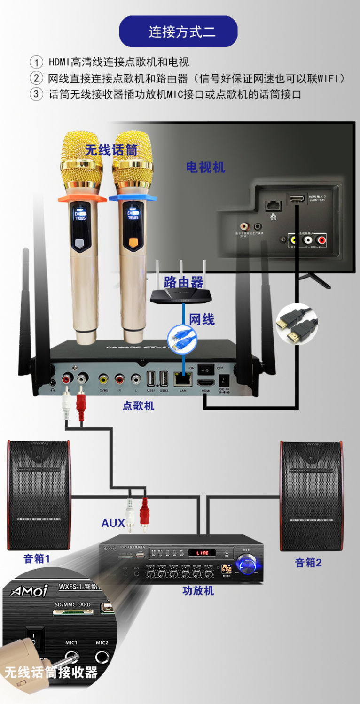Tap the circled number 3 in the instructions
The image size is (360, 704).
(x=36, y=94)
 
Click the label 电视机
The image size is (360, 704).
(x=205, y=167)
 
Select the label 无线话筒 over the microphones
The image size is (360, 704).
(x=111, y=150)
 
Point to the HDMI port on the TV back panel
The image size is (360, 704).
(x=296, y=199)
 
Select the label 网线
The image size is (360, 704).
(x=202, y=320)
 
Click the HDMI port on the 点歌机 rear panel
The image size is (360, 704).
(x=205, y=383)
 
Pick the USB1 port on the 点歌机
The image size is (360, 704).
(x=151, y=379)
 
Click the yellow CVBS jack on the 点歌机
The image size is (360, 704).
(x=103, y=379)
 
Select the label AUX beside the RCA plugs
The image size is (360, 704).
(x=113, y=523)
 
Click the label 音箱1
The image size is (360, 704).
(x=37, y=559)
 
